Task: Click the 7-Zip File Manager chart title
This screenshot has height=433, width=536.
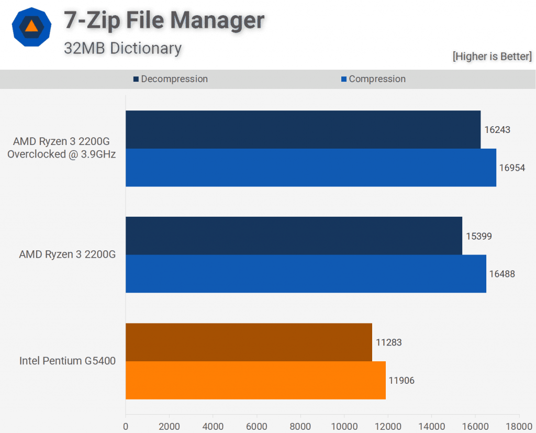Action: (164, 20)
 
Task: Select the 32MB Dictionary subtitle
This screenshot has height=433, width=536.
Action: (122, 48)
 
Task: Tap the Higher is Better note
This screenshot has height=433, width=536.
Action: (492, 56)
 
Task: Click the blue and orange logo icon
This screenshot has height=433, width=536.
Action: (31, 27)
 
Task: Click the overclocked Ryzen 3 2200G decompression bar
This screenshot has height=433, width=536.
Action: (303, 129)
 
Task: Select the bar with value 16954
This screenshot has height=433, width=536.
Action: (310, 168)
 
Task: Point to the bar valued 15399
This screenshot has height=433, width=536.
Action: (294, 236)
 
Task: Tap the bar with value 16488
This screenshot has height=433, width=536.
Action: (306, 274)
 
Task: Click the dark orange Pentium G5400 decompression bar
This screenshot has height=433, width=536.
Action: (249, 342)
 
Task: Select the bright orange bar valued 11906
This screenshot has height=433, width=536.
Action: (255, 380)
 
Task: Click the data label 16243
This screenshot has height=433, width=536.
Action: (497, 129)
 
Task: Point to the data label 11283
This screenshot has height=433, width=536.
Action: (388, 342)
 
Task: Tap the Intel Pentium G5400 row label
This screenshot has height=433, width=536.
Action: (67, 361)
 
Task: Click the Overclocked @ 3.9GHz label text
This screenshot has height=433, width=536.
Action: (61, 154)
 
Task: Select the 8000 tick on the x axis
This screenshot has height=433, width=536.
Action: (300, 426)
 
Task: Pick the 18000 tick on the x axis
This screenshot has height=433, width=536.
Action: (519, 426)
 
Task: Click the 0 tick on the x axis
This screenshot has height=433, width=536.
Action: (126, 426)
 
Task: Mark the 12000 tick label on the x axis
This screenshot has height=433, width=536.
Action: (388, 426)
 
